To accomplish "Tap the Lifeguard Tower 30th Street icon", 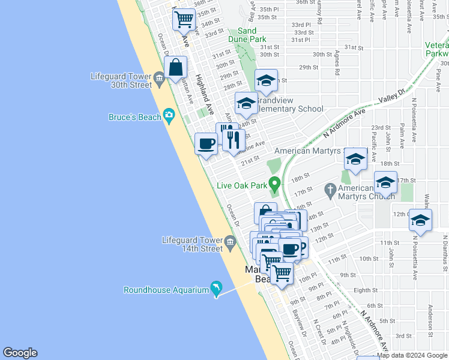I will point(159,77).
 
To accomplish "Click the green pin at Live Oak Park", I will point(276,183).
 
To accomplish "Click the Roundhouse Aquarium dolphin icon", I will point(215,289).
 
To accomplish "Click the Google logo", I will point(20,353).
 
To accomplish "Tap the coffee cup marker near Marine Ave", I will point(206,144).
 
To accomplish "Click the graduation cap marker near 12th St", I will point(420,220).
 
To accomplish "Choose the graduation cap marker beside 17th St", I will point(385,182).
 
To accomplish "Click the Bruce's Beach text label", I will point(135,117).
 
